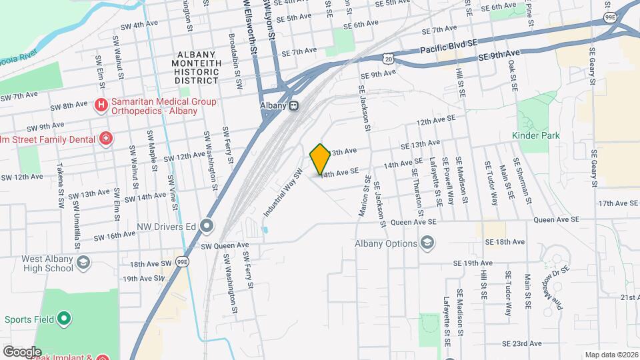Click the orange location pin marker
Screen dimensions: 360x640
tap(320, 159)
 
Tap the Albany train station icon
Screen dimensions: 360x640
tap(293, 105)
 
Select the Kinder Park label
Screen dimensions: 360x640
tap(535, 135)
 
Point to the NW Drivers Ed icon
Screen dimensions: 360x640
tap(207, 226)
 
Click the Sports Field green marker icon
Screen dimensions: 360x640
tap(64, 319)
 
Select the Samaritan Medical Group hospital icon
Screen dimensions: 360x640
tap(101, 105)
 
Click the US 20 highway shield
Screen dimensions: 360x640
tap(396, 60)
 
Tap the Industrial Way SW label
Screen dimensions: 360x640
tap(283, 193)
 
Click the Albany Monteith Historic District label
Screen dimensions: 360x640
tap(197, 67)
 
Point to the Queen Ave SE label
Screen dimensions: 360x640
tap(414, 221)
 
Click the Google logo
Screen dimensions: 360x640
tap(21, 352)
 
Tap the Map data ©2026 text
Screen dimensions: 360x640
tap(611, 355)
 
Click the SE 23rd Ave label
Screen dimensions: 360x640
tap(523, 344)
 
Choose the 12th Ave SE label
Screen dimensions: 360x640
tap(435, 121)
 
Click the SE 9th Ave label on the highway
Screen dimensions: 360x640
tap(499, 57)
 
